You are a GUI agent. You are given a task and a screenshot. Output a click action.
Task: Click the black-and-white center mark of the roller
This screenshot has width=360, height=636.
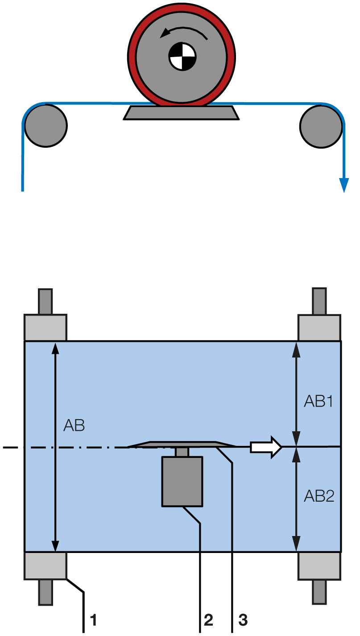182,57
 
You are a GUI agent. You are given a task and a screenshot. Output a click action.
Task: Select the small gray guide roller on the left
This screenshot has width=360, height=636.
46,125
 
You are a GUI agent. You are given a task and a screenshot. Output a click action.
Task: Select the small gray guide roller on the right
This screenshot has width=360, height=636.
321,126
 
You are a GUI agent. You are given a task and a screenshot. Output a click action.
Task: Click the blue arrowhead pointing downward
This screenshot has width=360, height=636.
343,185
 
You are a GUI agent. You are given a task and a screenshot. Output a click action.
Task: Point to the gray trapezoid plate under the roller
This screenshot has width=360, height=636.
181,112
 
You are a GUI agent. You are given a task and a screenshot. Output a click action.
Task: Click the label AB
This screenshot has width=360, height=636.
74,425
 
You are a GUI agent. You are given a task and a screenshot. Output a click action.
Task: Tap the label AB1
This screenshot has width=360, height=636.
319,401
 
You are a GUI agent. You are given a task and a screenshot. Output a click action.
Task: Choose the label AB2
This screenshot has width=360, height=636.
319,495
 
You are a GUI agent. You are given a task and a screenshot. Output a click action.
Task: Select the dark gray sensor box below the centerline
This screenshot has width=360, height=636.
182,482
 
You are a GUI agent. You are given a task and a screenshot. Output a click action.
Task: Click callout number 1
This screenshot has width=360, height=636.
93,619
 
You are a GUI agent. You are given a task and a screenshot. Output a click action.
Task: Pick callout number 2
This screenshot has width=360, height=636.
208,619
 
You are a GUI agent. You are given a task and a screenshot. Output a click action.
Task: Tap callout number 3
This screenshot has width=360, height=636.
243,619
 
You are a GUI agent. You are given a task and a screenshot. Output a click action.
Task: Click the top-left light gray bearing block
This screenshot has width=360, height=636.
45,328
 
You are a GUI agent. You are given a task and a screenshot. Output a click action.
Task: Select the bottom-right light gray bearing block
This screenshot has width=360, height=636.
319,566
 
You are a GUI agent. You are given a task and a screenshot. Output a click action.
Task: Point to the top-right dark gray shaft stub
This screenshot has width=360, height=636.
319,301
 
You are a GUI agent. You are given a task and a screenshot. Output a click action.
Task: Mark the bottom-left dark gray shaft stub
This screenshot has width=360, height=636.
46,592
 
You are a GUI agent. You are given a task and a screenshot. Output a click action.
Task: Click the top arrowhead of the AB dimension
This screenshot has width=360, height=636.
55,348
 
